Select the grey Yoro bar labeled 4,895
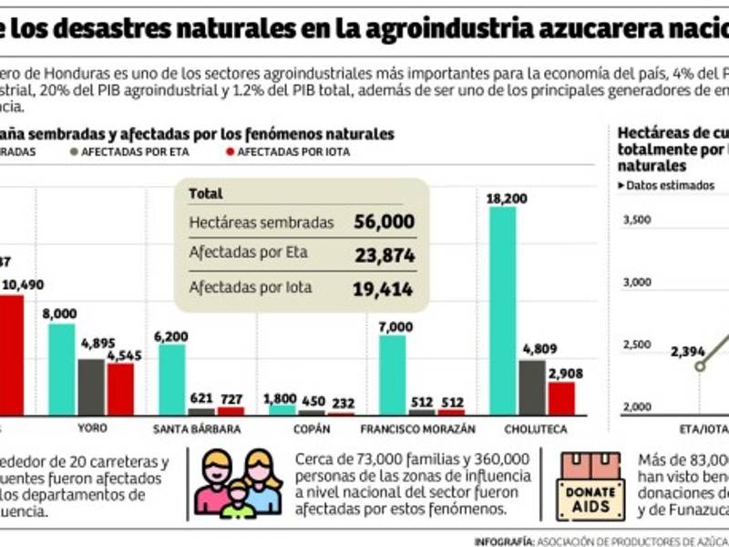pyautogui.click(x=91, y=387)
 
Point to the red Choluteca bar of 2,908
pyautogui.click(x=561, y=397)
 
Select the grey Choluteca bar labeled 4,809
pyautogui.click(x=532, y=387)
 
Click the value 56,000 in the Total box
pyautogui.click(x=385, y=222)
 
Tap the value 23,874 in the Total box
pyautogui.click(x=385, y=255)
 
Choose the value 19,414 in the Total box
pyautogui.click(x=385, y=289)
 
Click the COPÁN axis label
pyautogui.click(x=313, y=428)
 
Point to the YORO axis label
pyautogui.click(x=92, y=428)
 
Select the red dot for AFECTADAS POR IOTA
pyautogui.click(x=229, y=152)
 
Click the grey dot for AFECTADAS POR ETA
pyautogui.click(x=73, y=152)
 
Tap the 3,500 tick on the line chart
pyautogui.click(x=637, y=220)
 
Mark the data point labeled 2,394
pyautogui.click(x=700, y=366)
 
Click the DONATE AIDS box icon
pyautogui.click(x=590, y=487)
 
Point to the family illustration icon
pyautogui.click(x=238, y=483)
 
